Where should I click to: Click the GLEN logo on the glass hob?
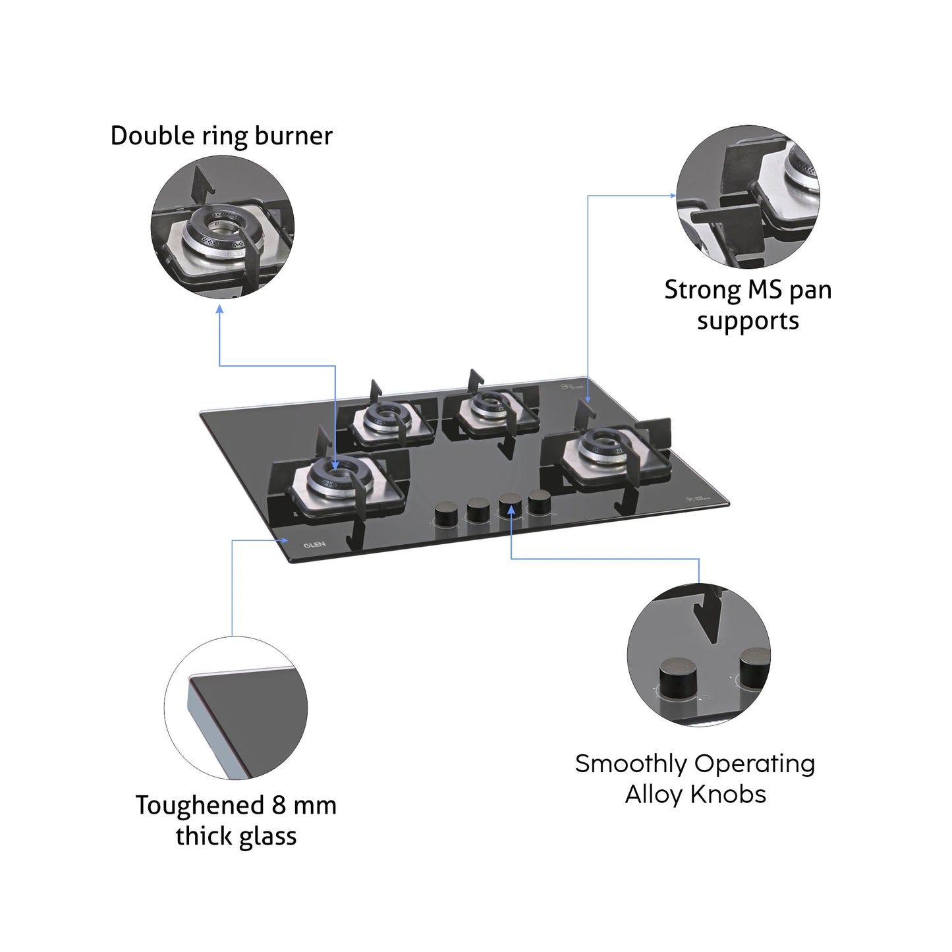[314, 545]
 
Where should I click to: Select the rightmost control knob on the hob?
[539, 502]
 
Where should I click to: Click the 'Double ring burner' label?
[221, 136]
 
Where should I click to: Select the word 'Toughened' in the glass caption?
[200, 805]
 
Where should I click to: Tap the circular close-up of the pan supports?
[748, 196]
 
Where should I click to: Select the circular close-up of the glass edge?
[236, 708]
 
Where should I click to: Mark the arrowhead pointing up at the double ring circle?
[219, 308]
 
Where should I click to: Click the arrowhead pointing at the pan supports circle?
[673, 196]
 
